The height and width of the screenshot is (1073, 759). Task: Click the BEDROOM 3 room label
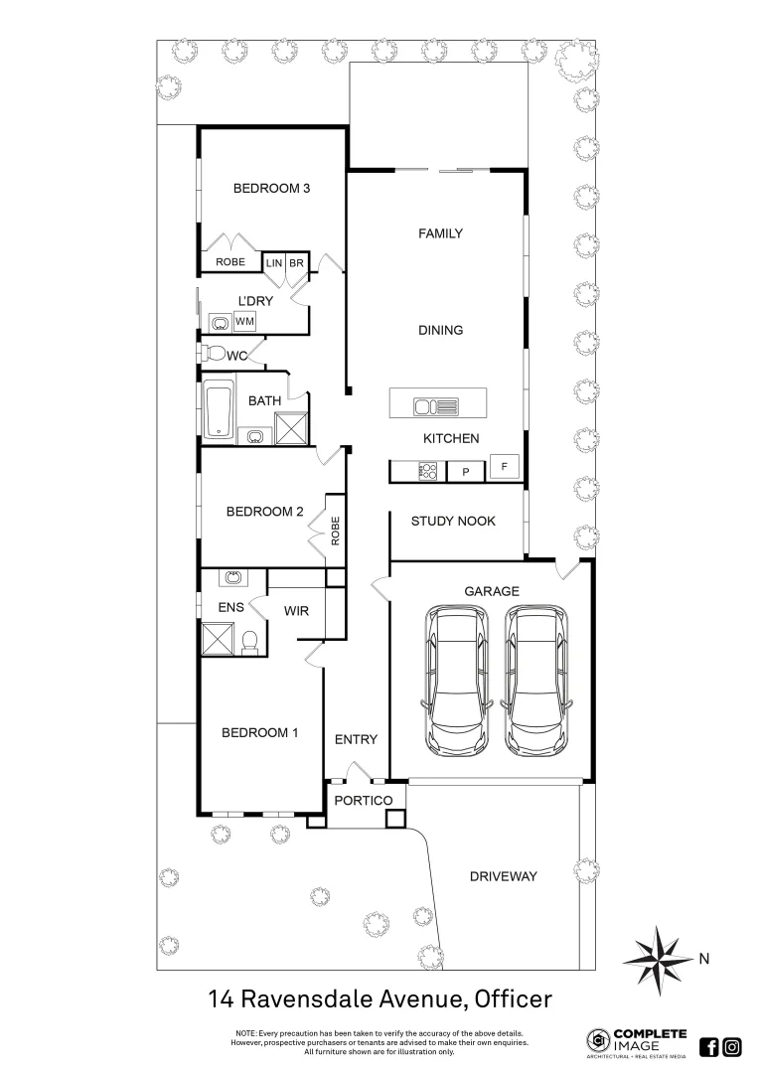(265, 188)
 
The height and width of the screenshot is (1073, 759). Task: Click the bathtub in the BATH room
(218, 407)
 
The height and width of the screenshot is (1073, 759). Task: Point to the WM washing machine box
(244, 321)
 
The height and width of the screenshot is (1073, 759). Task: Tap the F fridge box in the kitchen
(505, 466)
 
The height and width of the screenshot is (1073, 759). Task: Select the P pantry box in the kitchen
(464, 472)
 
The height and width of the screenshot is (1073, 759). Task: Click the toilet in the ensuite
(250, 642)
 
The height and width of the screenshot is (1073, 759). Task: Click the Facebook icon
(709, 1046)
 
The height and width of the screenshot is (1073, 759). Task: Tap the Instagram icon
(732, 1046)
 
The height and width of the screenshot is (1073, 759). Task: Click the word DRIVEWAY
(503, 876)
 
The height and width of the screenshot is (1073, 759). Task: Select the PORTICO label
(363, 801)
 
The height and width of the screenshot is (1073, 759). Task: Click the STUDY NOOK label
(453, 521)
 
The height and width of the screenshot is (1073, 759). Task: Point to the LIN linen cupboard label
(274, 263)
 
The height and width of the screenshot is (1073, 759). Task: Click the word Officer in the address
(513, 997)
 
